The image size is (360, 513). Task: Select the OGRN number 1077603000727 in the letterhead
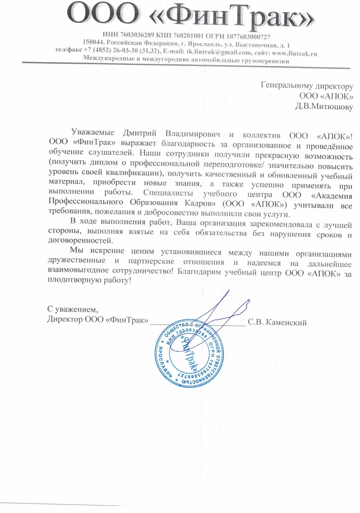pyautogui.click(x=248, y=37)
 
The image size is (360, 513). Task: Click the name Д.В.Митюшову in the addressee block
pyautogui.click(x=324, y=107)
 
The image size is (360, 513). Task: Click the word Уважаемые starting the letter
pyautogui.click(x=93, y=132)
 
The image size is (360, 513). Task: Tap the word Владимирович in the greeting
pyautogui.click(x=193, y=133)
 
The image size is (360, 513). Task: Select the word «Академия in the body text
pyautogui.click(x=332, y=196)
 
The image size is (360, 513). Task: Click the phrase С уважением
pyautogui.click(x=73, y=309)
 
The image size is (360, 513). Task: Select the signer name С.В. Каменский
pyautogui.click(x=277, y=322)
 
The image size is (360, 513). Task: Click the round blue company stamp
pyautogui.click(x=189, y=355)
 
